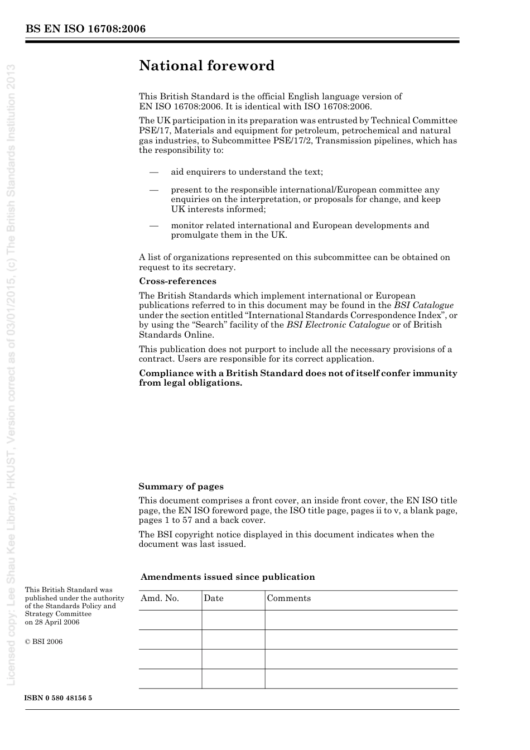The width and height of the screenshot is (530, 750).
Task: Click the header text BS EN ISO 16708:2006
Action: click(x=85, y=29)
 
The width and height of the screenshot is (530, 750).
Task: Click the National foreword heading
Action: click(x=206, y=66)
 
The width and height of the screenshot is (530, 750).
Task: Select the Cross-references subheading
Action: click(x=177, y=281)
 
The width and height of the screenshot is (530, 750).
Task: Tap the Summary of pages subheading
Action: click(x=181, y=487)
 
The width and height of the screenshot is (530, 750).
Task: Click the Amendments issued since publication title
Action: click(x=228, y=577)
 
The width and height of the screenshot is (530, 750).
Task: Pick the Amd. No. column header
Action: click(x=160, y=598)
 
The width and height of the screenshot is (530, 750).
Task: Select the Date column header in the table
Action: click(x=214, y=598)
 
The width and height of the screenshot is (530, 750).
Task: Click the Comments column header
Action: click(x=289, y=598)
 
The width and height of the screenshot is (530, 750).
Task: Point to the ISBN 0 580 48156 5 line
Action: click(x=59, y=698)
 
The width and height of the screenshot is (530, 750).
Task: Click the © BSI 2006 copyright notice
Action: click(x=44, y=642)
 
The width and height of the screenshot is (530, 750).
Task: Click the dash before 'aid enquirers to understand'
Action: click(x=155, y=172)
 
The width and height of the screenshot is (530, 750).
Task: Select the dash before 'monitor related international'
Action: click(x=155, y=226)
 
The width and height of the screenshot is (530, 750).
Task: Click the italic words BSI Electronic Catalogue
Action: click(x=338, y=325)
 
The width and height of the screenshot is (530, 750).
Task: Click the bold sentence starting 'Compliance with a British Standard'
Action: click(x=298, y=378)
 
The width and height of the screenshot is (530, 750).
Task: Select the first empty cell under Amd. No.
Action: click(x=170, y=620)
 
